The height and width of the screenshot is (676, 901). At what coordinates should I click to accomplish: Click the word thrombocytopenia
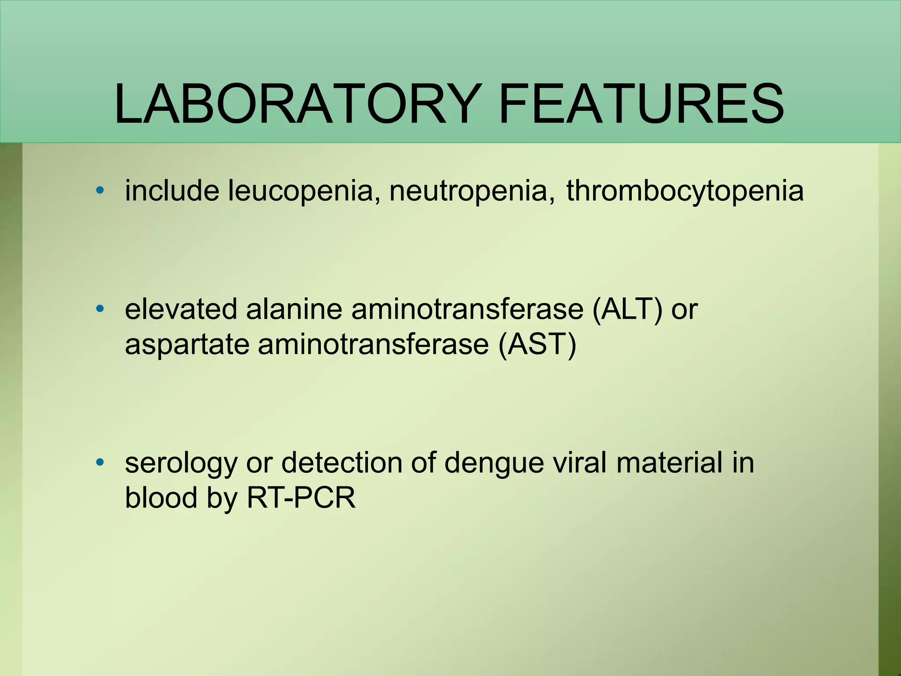tap(685, 191)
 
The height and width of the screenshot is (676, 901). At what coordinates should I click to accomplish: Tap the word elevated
tap(181, 309)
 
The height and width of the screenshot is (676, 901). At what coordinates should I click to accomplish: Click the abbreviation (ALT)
tap(627, 309)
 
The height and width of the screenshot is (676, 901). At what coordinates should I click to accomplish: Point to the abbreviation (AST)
tap(537, 344)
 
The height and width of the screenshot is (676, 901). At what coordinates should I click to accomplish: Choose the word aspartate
tap(187, 345)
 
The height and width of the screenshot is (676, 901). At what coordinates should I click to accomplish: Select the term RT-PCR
tap(301, 498)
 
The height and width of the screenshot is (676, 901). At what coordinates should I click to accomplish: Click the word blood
tap(161, 498)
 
